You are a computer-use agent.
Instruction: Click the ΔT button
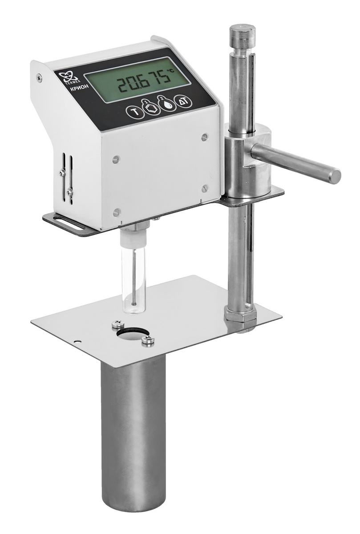(x=182, y=101)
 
